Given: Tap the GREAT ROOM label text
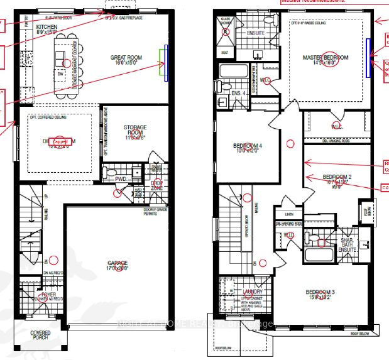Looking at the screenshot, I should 126,58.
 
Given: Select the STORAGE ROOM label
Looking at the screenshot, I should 134,129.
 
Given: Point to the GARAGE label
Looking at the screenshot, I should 117,263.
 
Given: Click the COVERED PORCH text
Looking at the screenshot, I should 40,335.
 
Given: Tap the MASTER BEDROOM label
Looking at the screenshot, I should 325,58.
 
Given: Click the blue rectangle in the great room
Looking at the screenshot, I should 166,63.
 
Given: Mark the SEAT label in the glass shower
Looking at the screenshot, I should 224,53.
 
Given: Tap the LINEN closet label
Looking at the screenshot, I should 289,214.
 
